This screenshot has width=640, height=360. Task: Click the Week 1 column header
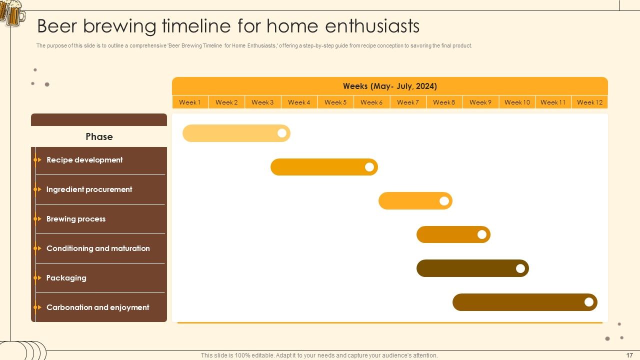(x=190, y=102)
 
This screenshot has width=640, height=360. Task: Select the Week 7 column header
(x=408, y=102)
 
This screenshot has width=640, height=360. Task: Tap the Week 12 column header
(x=589, y=102)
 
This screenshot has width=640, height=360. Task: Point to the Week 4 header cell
(x=299, y=102)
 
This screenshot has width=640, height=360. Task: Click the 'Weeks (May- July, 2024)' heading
(x=390, y=86)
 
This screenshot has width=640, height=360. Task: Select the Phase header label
(x=99, y=136)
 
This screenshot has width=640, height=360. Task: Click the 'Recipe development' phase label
(x=84, y=160)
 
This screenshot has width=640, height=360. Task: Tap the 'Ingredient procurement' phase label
(x=89, y=189)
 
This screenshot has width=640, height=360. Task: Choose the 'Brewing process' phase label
(x=76, y=219)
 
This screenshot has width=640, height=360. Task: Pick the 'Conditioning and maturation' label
(x=98, y=248)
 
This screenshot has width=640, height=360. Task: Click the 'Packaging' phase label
(x=66, y=278)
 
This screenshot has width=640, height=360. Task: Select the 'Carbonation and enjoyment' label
(x=97, y=307)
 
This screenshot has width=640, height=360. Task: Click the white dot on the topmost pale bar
(x=282, y=133)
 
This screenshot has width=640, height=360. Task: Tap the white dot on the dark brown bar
(x=520, y=268)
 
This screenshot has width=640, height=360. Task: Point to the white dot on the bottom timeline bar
(x=589, y=302)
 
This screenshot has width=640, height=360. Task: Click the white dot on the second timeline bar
(x=369, y=167)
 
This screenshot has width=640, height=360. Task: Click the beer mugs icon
(x=12, y=13)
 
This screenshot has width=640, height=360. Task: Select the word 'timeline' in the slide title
(x=196, y=26)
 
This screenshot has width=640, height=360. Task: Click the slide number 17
(x=629, y=355)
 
